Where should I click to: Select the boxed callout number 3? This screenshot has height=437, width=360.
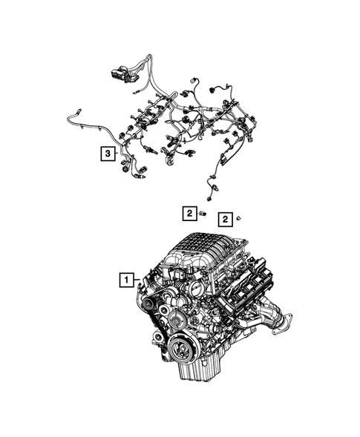[108, 154]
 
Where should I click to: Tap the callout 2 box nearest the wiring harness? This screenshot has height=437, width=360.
[190, 214]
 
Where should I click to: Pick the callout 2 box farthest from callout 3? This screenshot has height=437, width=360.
[226, 219]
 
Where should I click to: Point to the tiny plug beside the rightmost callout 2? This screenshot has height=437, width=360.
[240, 219]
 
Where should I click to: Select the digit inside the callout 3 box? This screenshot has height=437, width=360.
[108, 154]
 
